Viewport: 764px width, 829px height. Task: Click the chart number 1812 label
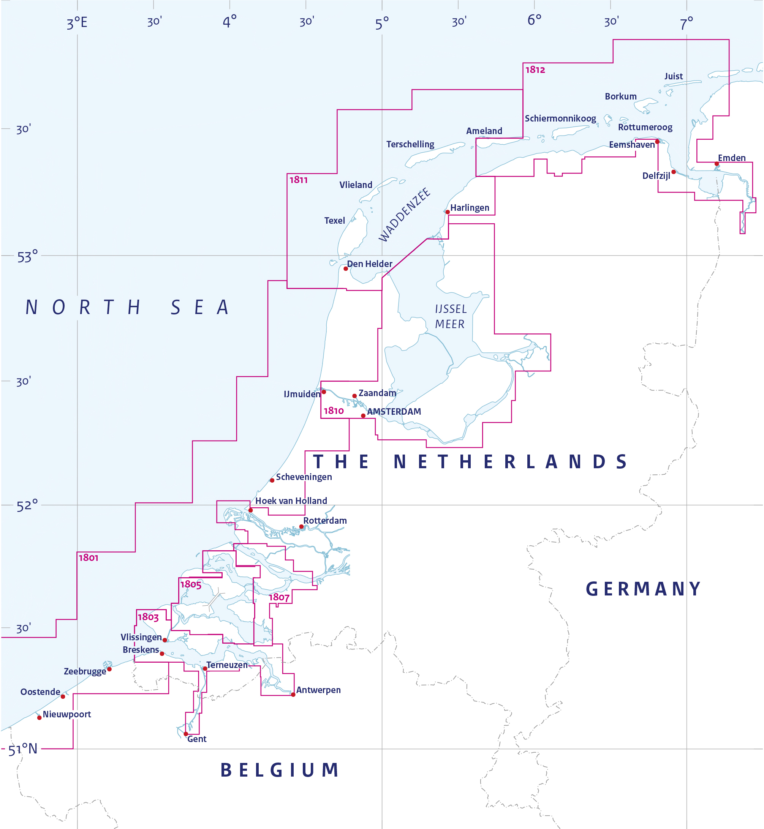pyautogui.click(x=535, y=70)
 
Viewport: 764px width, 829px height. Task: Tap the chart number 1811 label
pyautogui.click(x=299, y=180)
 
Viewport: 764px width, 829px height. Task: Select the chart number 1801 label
pyautogui.click(x=89, y=558)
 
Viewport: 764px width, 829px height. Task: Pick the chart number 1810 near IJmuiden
pyautogui.click(x=334, y=411)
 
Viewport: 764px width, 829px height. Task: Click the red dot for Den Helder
pyautogui.click(x=346, y=268)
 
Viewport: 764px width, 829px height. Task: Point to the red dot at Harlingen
pyautogui.click(x=447, y=212)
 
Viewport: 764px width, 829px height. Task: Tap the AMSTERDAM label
pyautogui.click(x=394, y=412)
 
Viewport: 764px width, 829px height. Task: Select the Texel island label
pyautogui.click(x=334, y=221)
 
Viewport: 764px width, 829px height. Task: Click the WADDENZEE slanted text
pyautogui.click(x=404, y=215)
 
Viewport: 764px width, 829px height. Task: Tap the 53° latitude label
pyautogui.click(x=27, y=257)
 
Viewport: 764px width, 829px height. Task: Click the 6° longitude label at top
pyautogui.click(x=534, y=20)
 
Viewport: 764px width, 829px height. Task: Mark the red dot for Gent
pyautogui.click(x=186, y=734)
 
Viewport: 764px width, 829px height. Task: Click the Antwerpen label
pyautogui.click(x=318, y=690)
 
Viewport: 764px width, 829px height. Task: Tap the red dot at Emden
pyautogui.click(x=717, y=164)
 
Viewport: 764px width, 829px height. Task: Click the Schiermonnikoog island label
pyautogui.click(x=560, y=118)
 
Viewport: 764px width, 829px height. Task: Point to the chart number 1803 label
pyautogui.click(x=148, y=617)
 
